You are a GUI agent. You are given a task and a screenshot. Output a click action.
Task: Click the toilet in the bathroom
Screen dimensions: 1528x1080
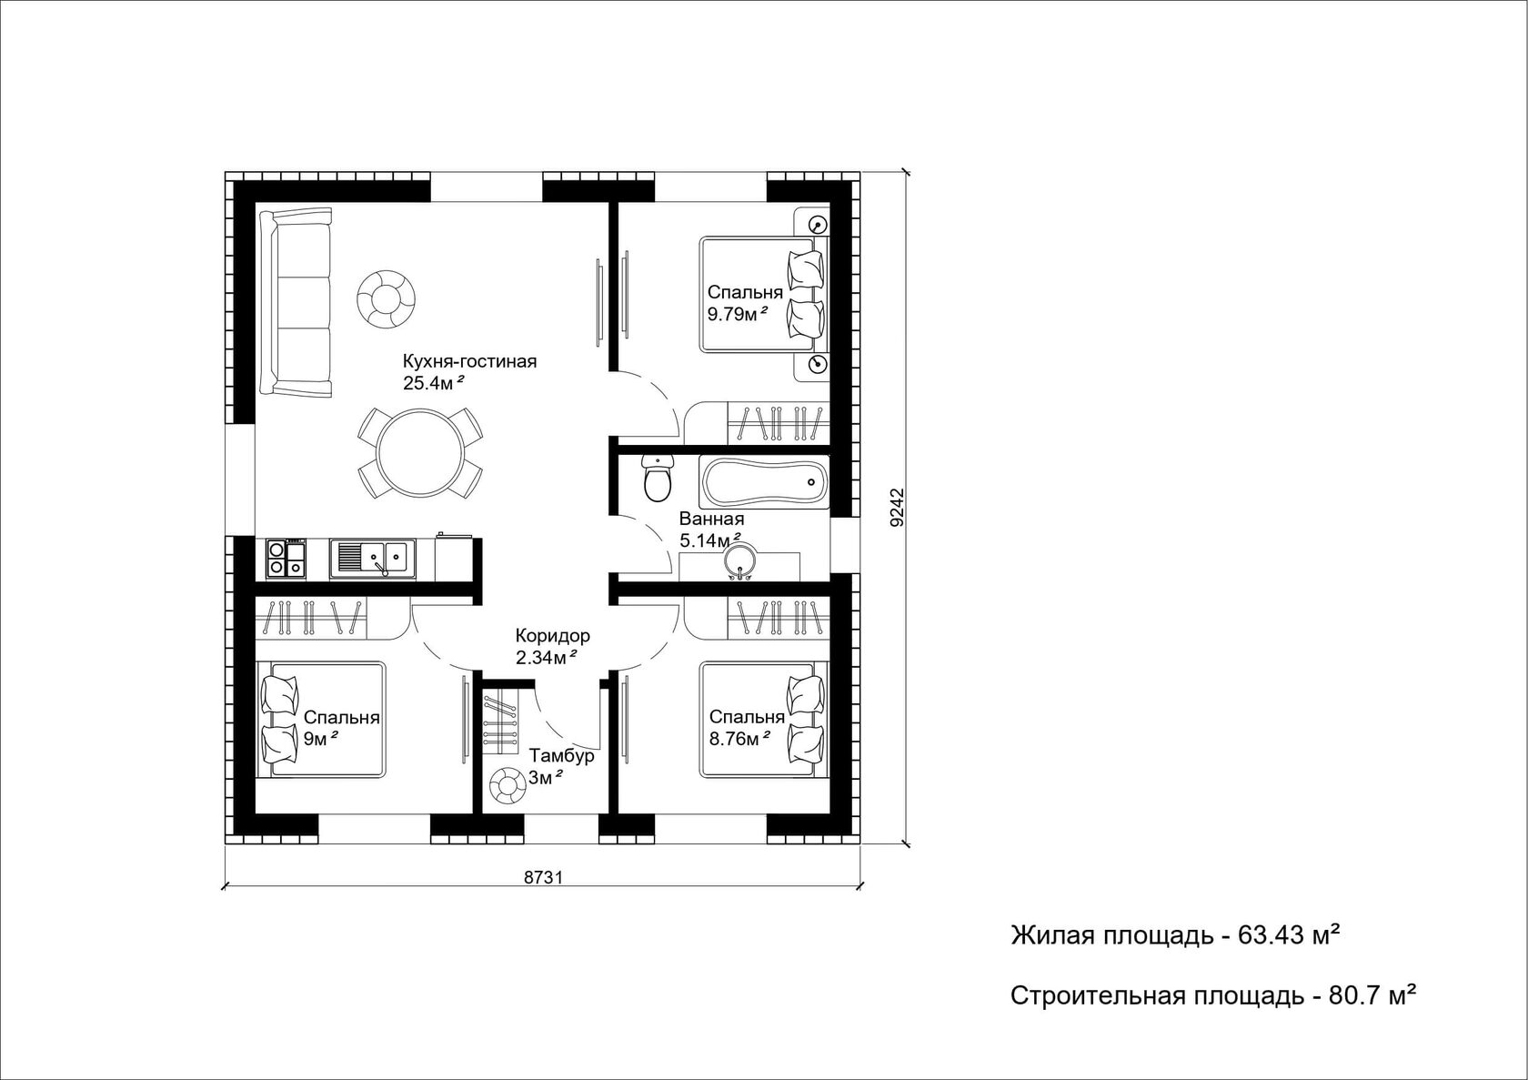(658, 479)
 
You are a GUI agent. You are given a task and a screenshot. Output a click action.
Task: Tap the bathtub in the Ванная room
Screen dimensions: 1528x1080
(763, 481)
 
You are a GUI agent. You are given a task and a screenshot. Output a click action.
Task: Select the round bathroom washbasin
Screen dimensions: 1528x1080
(739, 560)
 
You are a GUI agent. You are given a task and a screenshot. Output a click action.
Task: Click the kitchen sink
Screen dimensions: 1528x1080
(373, 560)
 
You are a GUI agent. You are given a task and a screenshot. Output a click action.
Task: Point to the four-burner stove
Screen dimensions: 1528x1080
(286, 558)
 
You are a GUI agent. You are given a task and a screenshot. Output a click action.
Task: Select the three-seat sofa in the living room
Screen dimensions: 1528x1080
(296, 302)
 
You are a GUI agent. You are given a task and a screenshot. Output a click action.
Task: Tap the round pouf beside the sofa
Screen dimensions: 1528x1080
(386, 298)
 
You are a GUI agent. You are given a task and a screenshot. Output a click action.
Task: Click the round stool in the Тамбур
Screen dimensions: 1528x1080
(507, 787)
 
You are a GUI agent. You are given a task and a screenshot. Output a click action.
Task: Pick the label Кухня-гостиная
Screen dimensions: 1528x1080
(469, 361)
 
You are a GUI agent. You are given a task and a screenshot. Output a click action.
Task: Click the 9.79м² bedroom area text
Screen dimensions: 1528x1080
(739, 315)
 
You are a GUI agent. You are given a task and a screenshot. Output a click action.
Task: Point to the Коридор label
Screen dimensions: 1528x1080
(553, 636)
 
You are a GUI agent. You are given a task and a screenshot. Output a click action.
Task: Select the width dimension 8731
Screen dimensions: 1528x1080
(543, 877)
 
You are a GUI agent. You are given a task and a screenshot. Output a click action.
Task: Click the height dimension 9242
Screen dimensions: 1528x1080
(898, 507)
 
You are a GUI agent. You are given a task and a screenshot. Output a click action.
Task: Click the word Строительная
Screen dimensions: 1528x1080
(1098, 997)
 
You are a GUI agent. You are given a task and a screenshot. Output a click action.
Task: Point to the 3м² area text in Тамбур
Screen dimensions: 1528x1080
(546, 778)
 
